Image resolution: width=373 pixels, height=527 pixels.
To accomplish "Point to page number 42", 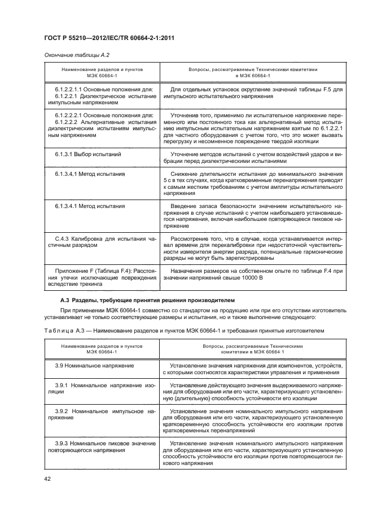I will click(47, 480).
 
